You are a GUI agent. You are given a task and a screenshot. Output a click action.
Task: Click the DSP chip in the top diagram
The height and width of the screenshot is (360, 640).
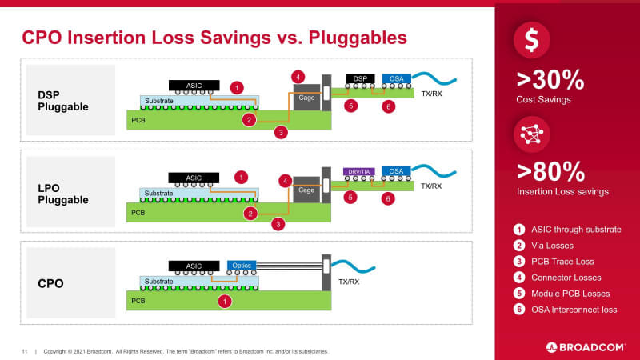tap(360, 78)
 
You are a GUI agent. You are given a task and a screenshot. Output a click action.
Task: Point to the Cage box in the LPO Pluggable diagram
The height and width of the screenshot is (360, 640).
tap(306, 191)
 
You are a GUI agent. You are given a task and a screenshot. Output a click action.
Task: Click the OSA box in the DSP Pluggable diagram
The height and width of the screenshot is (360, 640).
tap(396, 78)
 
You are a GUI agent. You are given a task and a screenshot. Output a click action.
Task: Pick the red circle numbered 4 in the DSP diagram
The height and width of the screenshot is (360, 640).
tap(298, 77)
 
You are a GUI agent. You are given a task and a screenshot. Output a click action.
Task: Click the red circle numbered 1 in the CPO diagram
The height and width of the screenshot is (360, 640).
tap(225, 302)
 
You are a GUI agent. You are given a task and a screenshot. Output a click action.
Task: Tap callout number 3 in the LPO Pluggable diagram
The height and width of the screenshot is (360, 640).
tap(278, 225)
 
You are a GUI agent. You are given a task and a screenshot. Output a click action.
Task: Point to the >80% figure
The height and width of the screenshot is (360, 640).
tap(550, 171)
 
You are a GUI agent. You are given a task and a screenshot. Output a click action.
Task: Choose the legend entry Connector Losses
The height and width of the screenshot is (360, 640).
tap(566, 278)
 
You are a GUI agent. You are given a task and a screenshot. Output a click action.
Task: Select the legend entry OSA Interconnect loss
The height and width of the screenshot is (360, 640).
tap(575, 310)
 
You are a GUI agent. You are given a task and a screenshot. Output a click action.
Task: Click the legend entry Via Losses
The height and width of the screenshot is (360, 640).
tap(556, 246)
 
